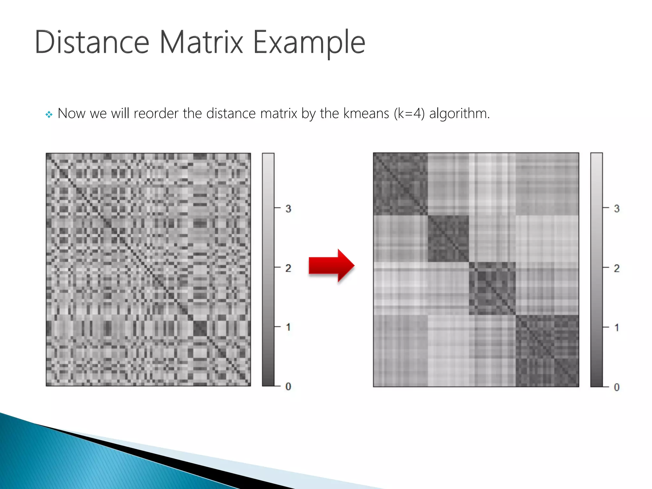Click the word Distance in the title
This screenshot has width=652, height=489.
pyautogui.click(x=92, y=42)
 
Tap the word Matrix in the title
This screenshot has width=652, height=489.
pyautogui.click(x=201, y=42)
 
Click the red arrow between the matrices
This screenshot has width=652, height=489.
pyautogui.click(x=331, y=266)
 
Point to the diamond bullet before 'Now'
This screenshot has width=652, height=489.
pyautogui.click(x=49, y=114)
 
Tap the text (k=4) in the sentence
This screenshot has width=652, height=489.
pyautogui.click(x=409, y=114)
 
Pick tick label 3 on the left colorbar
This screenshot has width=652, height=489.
pyautogui.click(x=288, y=209)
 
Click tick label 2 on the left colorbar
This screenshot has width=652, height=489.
pyautogui.click(x=288, y=268)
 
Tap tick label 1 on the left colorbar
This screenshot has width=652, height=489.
pyautogui.click(x=288, y=327)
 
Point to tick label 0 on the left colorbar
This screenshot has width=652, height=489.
pyautogui.click(x=288, y=386)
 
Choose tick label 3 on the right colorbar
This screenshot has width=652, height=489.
pyautogui.click(x=617, y=209)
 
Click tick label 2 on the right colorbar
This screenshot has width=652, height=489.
pyautogui.click(x=617, y=268)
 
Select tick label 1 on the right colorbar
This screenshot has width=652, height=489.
pyautogui.click(x=617, y=328)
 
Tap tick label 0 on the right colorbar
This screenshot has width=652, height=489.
pyautogui.click(x=617, y=387)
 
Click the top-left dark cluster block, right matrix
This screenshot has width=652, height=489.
pyautogui.click(x=400, y=184)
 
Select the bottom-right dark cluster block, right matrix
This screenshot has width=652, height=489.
pyautogui.click(x=547, y=351)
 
